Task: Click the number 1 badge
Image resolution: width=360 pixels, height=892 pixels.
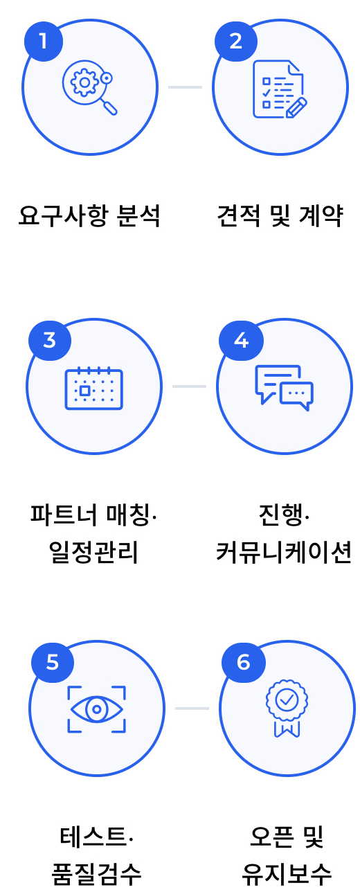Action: tap(44, 41)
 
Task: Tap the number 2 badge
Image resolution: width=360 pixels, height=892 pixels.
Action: tap(236, 41)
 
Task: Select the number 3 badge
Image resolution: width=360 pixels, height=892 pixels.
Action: tap(50, 341)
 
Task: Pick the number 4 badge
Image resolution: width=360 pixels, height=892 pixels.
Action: tap(241, 341)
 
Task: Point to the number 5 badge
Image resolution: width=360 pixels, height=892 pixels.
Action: tap(53, 662)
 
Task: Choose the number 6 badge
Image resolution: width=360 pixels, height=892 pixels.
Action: tap(243, 662)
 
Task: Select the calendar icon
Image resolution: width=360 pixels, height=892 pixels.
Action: tap(94, 388)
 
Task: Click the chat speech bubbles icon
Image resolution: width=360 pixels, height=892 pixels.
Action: tap(285, 387)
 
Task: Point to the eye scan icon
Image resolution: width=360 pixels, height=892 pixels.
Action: tap(97, 709)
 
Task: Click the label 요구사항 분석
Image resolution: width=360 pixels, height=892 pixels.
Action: tap(89, 216)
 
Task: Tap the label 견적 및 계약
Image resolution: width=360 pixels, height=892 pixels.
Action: tap(280, 216)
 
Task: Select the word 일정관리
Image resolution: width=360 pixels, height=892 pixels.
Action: tap(93, 552)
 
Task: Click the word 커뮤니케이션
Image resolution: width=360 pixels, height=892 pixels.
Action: tap(284, 552)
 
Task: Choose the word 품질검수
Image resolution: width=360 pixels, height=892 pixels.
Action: tap(96, 875)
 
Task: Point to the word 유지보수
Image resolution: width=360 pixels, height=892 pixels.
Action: tap(287, 875)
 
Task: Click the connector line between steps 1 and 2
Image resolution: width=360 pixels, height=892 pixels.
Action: tap(185, 87)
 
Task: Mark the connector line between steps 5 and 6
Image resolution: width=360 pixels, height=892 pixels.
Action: tap(192, 708)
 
